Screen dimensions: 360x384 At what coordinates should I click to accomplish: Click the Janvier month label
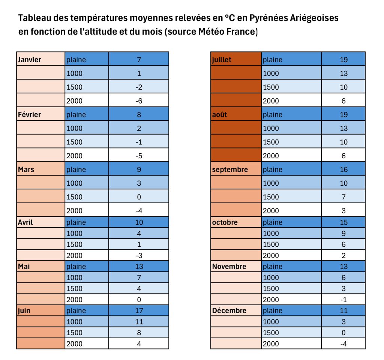point(30,60)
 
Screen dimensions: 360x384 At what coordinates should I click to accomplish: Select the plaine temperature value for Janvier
point(139,60)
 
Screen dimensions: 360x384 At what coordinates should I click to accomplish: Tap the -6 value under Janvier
point(139,101)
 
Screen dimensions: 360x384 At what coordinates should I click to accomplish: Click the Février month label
point(29,115)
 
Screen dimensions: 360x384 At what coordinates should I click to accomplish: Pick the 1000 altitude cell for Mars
point(74,183)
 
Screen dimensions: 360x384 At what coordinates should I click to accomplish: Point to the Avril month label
point(25,222)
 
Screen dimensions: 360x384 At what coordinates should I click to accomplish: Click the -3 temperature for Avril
point(139,255)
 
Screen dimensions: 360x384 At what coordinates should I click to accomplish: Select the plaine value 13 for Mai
point(139,267)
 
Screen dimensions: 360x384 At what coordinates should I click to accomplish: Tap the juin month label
point(24,310)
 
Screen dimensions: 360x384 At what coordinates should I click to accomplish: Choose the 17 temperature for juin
point(139,310)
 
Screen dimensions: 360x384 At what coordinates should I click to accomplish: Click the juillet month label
point(222,60)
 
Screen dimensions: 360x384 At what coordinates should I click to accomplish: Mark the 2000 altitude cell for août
point(271,156)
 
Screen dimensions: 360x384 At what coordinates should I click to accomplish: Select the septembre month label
point(230,169)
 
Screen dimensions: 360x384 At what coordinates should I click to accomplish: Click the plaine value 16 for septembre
point(343,169)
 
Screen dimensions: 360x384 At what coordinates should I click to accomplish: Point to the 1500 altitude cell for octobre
point(271,244)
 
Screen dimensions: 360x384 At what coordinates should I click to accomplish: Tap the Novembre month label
point(229,267)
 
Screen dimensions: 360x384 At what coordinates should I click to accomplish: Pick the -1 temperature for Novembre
point(343,300)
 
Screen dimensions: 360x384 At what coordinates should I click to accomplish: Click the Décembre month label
point(229,310)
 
